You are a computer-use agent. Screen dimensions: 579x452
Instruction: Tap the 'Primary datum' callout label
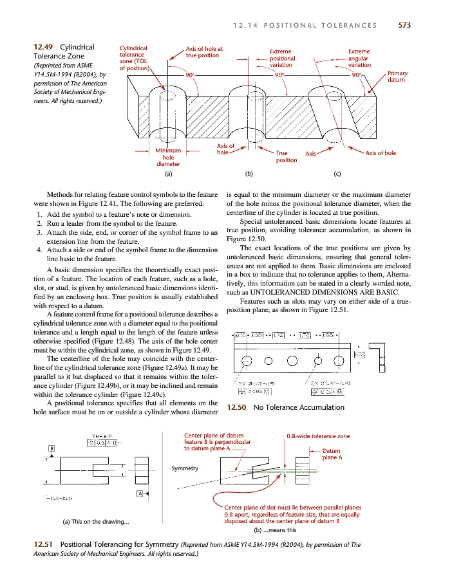pyautogui.click(x=398, y=78)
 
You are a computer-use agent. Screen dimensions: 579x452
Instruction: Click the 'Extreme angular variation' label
pyautogui.click(x=359, y=58)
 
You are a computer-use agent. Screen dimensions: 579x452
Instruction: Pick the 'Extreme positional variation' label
pyautogui.click(x=281, y=58)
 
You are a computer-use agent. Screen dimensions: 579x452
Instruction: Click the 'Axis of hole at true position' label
pyautogui.click(x=204, y=52)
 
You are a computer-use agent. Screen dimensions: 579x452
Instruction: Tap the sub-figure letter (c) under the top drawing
pyautogui.click(x=337, y=174)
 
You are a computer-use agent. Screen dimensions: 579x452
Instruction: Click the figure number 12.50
pyautogui.click(x=238, y=407)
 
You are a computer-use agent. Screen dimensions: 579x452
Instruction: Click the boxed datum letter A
pyautogui.click(x=138, y=493)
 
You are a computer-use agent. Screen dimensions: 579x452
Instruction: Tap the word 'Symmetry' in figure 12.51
pyautogui.click(x=185, y=468)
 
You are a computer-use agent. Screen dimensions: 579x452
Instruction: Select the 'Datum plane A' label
pyautogui.click(x=332, y=454)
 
